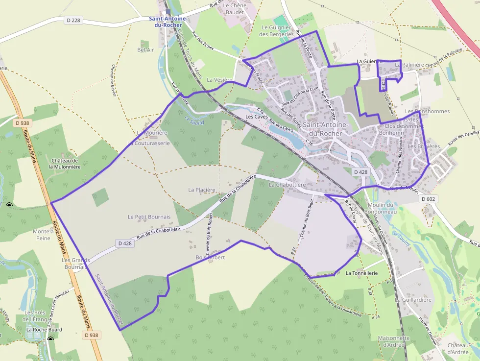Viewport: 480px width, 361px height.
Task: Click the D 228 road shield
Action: [x=73, y=20]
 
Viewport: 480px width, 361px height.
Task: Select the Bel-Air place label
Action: [x=145, y=50]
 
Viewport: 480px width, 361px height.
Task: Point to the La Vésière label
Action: [x=219, y=79]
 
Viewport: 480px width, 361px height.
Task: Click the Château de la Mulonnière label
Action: [x=64, y=164]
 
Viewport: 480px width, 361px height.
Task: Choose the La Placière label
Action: [x=202, y=190]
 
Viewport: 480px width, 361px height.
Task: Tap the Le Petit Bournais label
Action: [x=149, y=217]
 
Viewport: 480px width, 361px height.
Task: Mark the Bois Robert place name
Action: [x=210, y=257]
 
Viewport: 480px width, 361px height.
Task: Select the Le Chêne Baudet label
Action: [x=234, y=8]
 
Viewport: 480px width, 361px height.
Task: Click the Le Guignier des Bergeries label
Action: [x=278, y=31]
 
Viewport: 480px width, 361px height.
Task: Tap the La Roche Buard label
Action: [x=44, y=330]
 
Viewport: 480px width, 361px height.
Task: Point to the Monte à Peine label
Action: [x=43, y=235]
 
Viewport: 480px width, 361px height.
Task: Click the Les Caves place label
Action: [x=256, y=117]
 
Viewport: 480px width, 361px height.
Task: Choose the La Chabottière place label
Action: [x=288, y=185]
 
